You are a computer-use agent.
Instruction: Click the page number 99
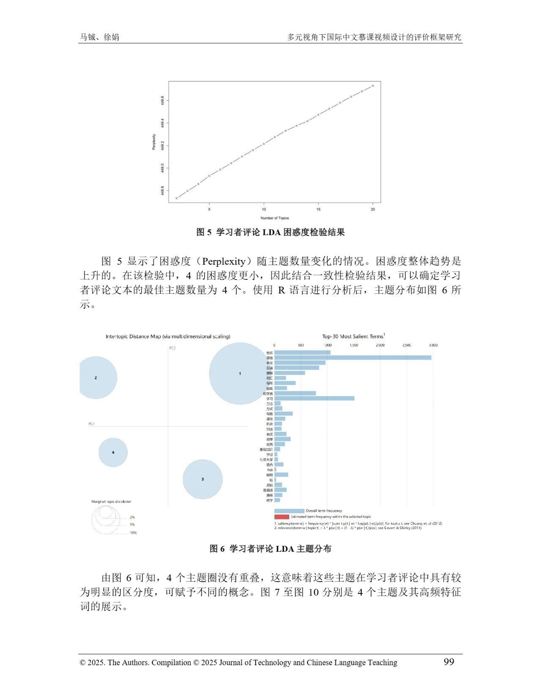click(x=448, y=661)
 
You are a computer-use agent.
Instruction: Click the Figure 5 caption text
click(x=270, y=232)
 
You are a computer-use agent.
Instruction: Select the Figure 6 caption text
click(x=270, y=549)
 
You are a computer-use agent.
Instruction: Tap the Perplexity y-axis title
click(x=154, y=142)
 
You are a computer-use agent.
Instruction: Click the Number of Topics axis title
click(x=275, y=218)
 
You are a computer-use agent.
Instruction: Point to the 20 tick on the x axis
click(x=373, y=209)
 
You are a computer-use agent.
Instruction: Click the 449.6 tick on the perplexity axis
click(x=162, y=101)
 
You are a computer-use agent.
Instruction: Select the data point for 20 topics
click(x=373, y=86)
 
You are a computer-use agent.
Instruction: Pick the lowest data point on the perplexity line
click(x=177, y=198)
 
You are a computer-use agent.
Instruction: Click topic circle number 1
click(x=240, y=374)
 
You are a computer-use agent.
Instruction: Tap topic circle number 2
click(x=96, y=378)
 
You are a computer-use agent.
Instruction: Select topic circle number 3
click(x=203, y=479)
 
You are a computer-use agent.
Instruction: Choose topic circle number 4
click(x=113, y=452)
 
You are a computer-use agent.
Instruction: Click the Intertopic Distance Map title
click(x=168, y=336)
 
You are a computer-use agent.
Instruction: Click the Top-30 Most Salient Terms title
click(x=353, y=336)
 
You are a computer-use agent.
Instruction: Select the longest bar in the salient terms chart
click(x=353, y=358)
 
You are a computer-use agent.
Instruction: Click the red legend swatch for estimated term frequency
click(x=281, y=517)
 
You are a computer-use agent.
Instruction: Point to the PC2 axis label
click(x=172, y=348)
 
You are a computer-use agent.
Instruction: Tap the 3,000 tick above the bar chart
click(x=433, y=345)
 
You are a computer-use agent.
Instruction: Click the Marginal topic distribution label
click(x=111, y=501)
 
